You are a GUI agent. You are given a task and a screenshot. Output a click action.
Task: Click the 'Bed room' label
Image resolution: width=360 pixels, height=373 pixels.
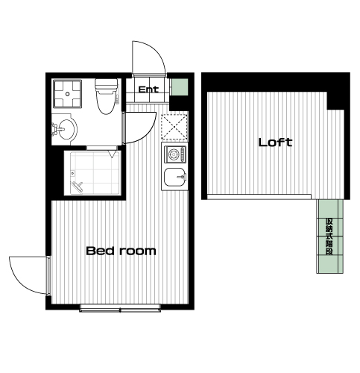pyautogui.click(x=121, y=251)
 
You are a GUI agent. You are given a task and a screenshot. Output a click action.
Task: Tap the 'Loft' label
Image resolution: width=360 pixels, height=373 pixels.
pyautogui.click(x=275, y=142)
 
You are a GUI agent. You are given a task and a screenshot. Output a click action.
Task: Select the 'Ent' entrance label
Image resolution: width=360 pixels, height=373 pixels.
pyautogui.click(x=148, y=90)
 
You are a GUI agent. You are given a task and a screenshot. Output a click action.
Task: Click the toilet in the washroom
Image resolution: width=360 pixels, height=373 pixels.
pyautogui.click(x=107, y=96)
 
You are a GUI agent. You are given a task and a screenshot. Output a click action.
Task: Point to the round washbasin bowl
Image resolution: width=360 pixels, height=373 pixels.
pyautogui.click(x=66, y=129)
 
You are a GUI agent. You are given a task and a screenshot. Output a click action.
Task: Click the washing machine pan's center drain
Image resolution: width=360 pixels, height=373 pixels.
pyautogui.click(x=68, y=94)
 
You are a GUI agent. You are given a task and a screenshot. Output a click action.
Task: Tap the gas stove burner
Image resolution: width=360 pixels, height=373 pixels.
pyautogui.click(x=173, y=154)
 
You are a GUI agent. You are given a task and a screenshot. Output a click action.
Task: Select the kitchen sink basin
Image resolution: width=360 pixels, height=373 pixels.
pyautogui.click(x=174, y=177)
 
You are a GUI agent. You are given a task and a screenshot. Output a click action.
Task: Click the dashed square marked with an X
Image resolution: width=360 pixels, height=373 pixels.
pyautogui.click(x=174, y=127)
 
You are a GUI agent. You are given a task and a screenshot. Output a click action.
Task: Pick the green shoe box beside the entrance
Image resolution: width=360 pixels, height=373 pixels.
pyautogui.click(x=180, y=87)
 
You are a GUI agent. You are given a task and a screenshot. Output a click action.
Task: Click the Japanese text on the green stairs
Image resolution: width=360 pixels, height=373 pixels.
pyautogui.click(x=329, y=236)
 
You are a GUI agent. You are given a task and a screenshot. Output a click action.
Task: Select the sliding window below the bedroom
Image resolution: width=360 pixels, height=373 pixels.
pyautogui.click(x=120, y=308)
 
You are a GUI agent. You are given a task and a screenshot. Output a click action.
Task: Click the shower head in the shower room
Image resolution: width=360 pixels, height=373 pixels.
pyautogui.click(x=78, y=186)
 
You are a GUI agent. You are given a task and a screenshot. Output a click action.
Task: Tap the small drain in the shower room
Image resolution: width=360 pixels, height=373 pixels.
pyautogui.click(x=72, y=173)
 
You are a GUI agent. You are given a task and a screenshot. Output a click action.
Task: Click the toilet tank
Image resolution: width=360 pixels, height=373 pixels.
pyautogui.click(x=107, y=85)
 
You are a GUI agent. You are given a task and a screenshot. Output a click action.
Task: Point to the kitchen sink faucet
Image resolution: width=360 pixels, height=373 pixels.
pyautogui.click(x=182, y=177)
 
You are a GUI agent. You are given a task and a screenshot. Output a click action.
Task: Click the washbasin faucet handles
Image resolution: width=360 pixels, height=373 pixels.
pyautogui.click(x=54, y=129)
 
